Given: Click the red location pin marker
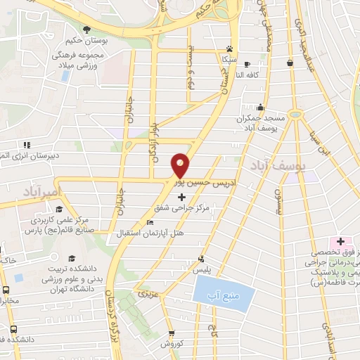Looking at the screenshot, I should pyautogui.click(x=181, y=165).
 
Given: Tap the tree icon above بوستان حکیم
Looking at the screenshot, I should pyautogui.click(x=86, y=29).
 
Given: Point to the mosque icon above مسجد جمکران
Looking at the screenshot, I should pyautogui.click(x=261, y=108).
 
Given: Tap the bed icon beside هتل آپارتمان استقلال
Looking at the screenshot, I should pyautogui.click(x=149, y=223).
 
